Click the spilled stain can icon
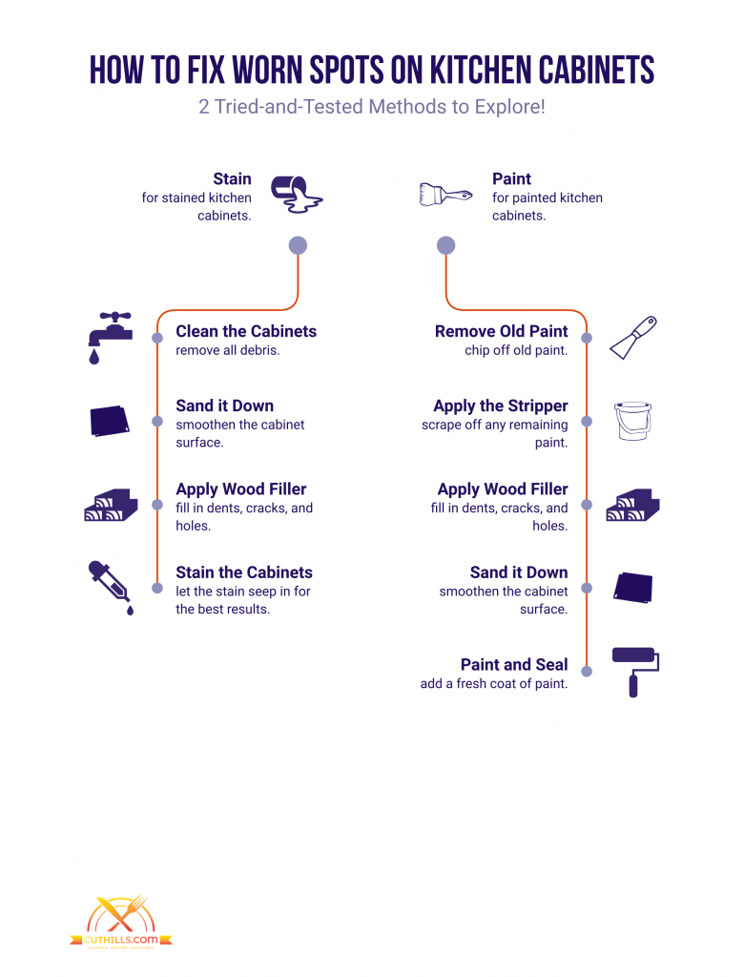tap(297, 195)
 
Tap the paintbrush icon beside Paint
tap(445, 195)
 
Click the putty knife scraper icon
tap(633, 337)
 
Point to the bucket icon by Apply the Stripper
tap(632, 421)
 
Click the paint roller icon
tap(635, 672)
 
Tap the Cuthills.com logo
tap(121, 923)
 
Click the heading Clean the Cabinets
tap(246, 331)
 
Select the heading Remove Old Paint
tap(502, 331)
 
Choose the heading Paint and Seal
tap(514, 664)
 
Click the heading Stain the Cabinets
tap(244, 572)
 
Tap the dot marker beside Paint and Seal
tap(587, 671)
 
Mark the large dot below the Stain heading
tap(298, 245)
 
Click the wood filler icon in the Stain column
tap(111, 505)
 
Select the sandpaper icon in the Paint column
tap(632, 588)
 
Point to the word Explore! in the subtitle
tap(509, 107)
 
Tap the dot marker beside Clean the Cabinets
tap(157, 338)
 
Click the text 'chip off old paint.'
tap(516, 350)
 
